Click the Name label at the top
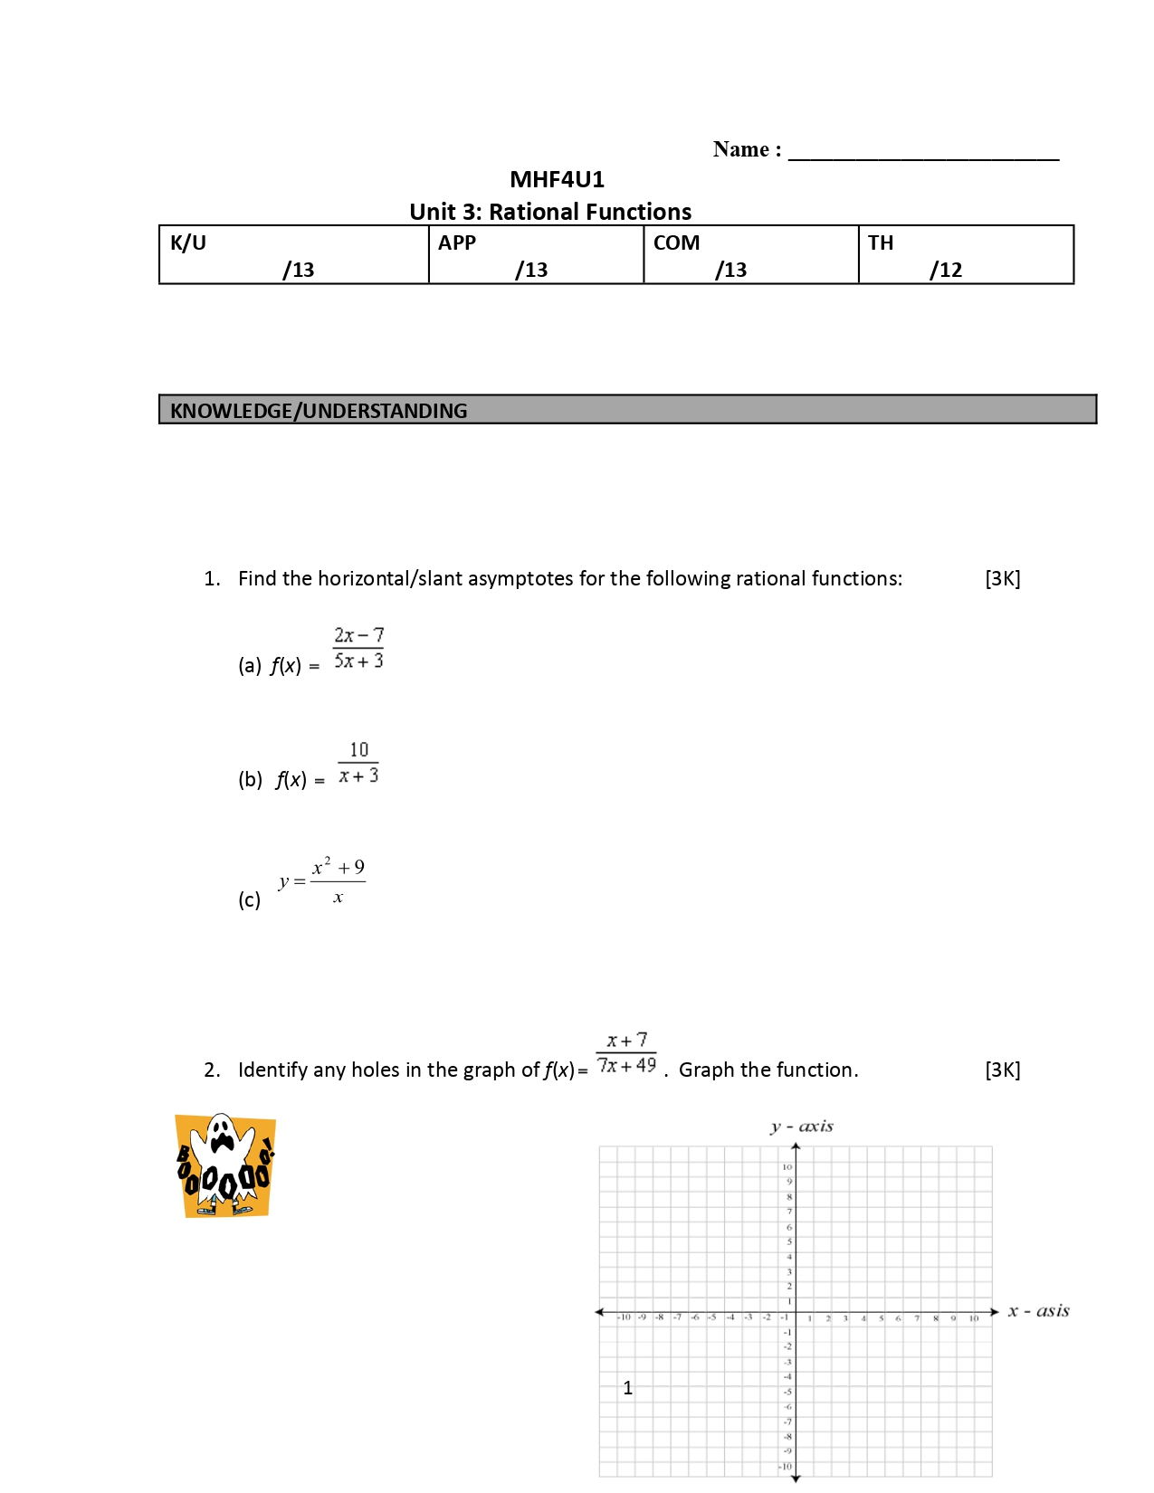(x=746, y=149)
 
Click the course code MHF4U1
(x=557, y=179)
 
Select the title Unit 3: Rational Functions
(x=550, y=212)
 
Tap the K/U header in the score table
(x=188, y=242)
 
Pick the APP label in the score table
(x=457, y=242)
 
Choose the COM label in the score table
(x=676, y=242)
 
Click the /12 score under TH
(x=946, y=270)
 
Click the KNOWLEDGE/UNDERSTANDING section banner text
(x=319, y=411)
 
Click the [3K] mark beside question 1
(x=1002, y=578)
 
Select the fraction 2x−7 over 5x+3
(x=358, y=648)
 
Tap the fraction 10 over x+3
(x=358, y=763)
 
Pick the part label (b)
(x=250, y=779)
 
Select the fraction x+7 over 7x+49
(x=626, y=1053)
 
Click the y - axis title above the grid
(x=801, y=1127)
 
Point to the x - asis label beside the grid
(x=1038, y=1310)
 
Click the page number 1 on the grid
(x=628, y=1387)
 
